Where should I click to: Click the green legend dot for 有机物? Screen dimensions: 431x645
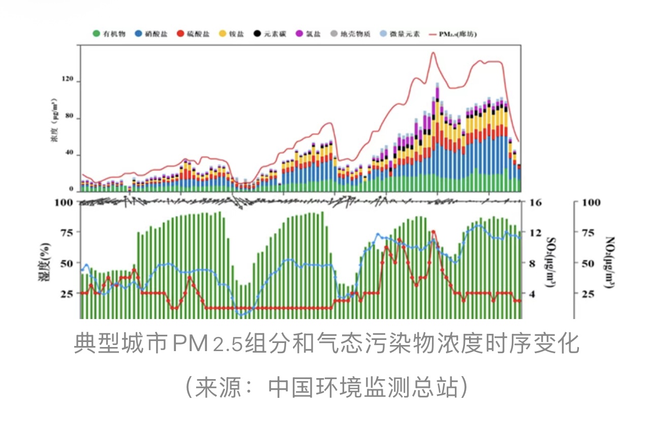tap(96, 34)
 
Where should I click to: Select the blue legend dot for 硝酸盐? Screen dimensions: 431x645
tap(138, 34)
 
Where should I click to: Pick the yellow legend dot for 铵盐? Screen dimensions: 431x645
tap(222, 34)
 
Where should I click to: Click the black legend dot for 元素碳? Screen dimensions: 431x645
tap(258, 34)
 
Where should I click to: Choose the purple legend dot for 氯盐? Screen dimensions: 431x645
tap(299, 34)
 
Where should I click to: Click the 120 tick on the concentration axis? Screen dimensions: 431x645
tap(68, 81)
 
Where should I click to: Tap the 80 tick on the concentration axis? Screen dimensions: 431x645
tap(70, 118)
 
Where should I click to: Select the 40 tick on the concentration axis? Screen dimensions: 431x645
tap(70, 154)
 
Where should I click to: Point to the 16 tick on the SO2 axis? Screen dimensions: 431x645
tap(536, 203)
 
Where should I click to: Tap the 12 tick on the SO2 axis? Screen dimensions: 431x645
tap(536, 233)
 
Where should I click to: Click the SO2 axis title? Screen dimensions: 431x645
tap(551, 262)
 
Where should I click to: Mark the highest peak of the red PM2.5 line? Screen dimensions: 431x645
tap(433, 52)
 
